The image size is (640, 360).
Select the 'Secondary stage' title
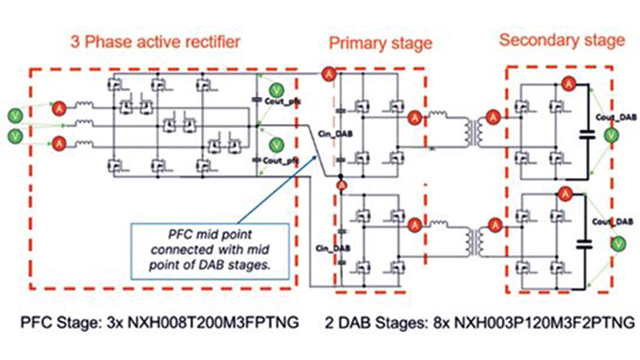coord(562,40)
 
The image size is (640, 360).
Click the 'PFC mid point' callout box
coord(210,250)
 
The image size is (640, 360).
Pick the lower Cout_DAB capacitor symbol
coord(584,244)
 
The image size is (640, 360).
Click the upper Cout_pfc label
coord(282,101)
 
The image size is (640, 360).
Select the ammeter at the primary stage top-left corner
coord(329,73)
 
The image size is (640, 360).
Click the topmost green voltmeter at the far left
coord(15,116)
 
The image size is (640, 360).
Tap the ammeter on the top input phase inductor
coord(59,108)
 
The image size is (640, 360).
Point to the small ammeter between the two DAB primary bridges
coord(342,185)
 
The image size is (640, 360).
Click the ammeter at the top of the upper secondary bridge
coord(569,84)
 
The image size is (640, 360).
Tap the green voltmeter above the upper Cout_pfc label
coord(276,90)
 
